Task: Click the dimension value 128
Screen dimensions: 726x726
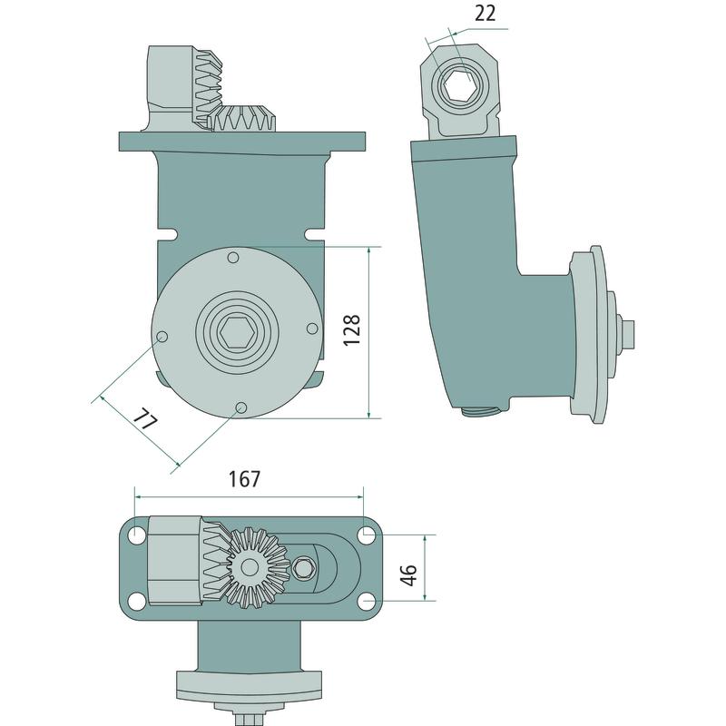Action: pyautogui.click(x=352, y=329)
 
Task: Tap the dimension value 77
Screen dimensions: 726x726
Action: pyautogui.click(x=145, y=420)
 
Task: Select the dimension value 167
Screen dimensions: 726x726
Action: pyautogui.click(x=245, y=479)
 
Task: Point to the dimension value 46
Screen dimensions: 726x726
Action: pyautogui.click(x=409, y=574)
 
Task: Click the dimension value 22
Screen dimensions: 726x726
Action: pyautogui.click(x=485, y=14)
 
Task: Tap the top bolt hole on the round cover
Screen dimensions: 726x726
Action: pyautogui.click(x=234, y=257)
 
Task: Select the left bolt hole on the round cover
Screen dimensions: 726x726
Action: pyautogui.click(x=162, y=337)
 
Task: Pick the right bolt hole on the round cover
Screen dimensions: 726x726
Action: pyautogui.click(x=312, y=329)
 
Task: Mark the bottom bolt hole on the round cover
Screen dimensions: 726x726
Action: pyautogui.click(x=240, y=407)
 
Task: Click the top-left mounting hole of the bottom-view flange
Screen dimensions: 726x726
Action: pyautogui.click(x=137, y=533)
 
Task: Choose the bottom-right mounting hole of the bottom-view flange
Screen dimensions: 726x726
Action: pyautogui.click(x=368, y=601)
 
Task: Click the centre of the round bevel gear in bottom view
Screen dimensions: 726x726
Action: pyautogui.click(x=250, y=566)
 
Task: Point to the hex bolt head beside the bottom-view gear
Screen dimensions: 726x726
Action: pyautogui.click(x=303, y=567)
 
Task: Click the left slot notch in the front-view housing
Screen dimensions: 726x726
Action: pyautogui.click(x=167, y=234)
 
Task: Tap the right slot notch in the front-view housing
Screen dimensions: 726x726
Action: pyautogui.click(x=316, y=235)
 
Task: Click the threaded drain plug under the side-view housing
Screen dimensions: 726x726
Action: pyautogui.click(x=482, y=410)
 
